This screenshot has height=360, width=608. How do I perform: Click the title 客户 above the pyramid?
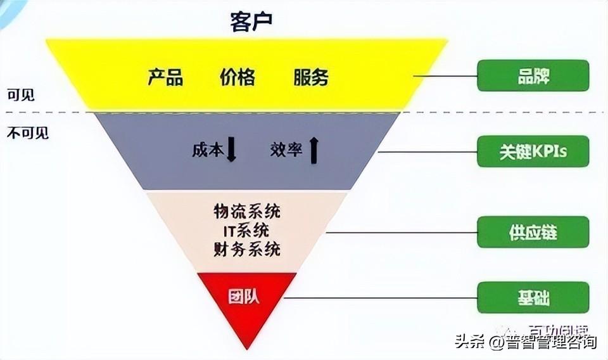coord(251,23)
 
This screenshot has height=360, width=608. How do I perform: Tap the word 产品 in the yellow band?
coord(165,77)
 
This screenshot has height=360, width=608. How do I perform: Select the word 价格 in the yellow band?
coord(237,77)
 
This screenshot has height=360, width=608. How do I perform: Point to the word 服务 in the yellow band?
coord(311,77)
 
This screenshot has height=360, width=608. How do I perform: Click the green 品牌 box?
coord(533,75)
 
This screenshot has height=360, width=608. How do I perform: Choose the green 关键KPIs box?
coord(533,151)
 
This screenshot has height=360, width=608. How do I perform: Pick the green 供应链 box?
coord(533,232)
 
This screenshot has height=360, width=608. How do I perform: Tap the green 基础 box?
coord(533,298)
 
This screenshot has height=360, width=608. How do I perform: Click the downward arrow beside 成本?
coord(231,150)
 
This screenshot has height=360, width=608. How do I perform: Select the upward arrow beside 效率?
coord(313,150)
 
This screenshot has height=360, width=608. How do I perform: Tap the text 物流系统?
coord(247,210)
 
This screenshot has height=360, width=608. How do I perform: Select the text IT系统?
coord(247,229)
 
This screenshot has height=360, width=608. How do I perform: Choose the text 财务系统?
coord(247,249)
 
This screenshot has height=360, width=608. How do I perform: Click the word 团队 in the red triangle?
coord(244,297)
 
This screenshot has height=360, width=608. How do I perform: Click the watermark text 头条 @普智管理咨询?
coord(525,343)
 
